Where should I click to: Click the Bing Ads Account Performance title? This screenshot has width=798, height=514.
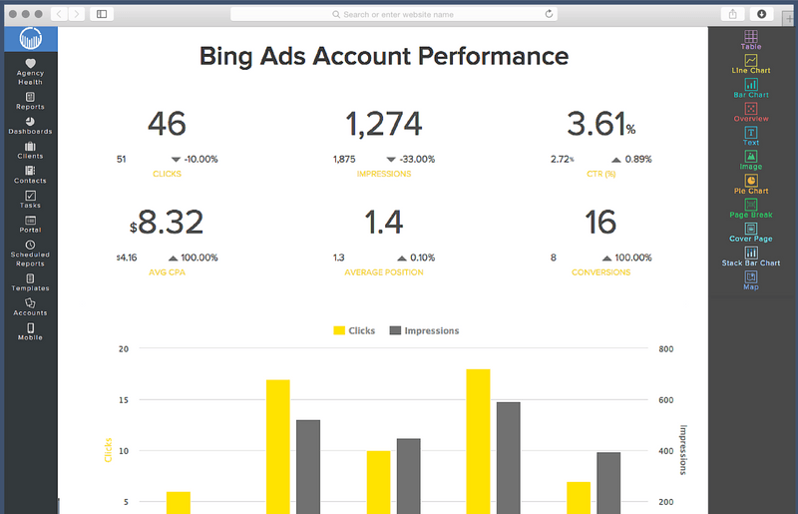pos(384,56)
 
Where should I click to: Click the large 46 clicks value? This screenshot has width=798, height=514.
pos(167,124)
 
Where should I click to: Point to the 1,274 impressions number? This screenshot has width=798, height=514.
pos(384,124)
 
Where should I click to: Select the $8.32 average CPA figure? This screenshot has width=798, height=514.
pos(167,222)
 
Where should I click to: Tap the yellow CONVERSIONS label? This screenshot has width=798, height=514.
pos(600,272)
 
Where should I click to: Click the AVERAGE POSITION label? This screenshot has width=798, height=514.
pos(384,272)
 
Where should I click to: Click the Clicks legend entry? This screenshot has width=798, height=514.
pos(354,330)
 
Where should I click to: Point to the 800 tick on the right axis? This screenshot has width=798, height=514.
pos(666,349)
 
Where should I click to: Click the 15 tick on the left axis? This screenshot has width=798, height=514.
pos(124,400)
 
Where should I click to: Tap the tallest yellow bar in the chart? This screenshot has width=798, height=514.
pos(478,439)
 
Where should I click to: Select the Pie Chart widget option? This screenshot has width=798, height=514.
pos(751,185)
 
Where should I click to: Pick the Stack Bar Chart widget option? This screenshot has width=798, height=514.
pos(751,257)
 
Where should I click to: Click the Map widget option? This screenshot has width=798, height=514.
pos(751,280)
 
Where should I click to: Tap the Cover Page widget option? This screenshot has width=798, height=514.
pos(751,233)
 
